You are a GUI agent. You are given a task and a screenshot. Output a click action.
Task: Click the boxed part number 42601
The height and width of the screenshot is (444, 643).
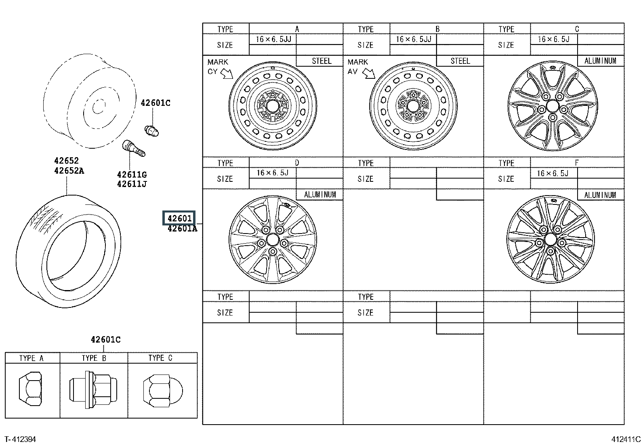[179, 218]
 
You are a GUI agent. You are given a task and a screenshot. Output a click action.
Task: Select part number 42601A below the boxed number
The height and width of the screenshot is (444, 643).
[183, 229]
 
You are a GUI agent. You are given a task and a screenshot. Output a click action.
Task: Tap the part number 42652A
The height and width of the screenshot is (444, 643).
[69, 171]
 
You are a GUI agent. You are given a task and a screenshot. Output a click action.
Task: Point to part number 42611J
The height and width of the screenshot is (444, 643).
[132, 184]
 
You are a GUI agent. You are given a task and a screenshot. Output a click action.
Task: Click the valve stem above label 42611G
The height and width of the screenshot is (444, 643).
[134, 148]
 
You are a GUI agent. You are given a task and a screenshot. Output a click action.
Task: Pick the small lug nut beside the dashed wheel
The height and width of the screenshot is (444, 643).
[151, 131]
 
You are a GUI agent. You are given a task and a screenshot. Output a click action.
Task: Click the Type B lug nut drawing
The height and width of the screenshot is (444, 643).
[93, 390]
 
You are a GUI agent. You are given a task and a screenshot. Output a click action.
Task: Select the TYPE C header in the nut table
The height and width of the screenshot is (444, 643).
[160, 358]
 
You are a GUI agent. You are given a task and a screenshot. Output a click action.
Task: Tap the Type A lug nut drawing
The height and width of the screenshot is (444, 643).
[30, 389]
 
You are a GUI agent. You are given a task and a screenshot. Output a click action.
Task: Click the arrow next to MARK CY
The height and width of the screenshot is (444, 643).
[227, 74]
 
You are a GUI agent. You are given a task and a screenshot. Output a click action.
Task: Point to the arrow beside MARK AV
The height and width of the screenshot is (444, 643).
[369, 74]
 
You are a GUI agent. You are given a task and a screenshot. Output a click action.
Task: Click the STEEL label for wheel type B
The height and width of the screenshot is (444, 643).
[460, 61]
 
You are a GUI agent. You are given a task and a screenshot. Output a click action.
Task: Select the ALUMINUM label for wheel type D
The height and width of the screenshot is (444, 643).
[320, 195]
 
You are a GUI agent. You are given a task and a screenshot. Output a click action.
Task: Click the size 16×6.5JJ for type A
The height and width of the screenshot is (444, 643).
[273, 39]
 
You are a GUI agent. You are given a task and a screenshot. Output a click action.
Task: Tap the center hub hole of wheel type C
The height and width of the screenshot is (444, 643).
[553, 106]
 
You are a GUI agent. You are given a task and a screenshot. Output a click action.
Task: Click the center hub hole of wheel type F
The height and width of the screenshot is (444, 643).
[550, 240]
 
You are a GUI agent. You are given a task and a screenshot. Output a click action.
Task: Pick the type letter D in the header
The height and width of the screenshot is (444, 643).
[297, 163]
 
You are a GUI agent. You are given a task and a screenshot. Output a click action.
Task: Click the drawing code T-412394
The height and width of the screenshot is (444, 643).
[20, 439]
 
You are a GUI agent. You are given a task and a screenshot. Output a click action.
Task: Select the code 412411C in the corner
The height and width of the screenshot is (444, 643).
[626, 439]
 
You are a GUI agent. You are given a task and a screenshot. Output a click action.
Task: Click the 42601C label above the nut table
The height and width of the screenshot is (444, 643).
[106, 339]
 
